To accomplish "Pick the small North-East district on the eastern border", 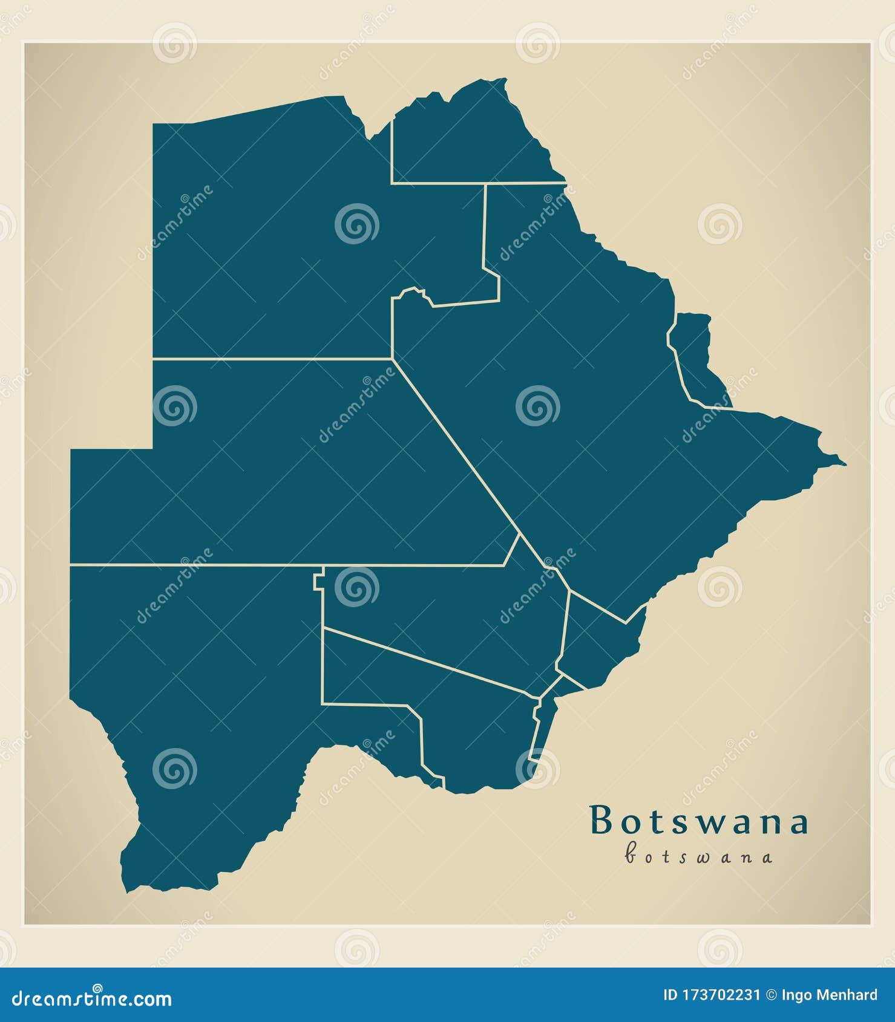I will [696, 357].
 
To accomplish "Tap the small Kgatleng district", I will [599, 641].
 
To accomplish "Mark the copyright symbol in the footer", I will [771, 995].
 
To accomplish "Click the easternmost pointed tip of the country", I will [845, 464].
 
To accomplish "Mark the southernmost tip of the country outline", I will [126, 891].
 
